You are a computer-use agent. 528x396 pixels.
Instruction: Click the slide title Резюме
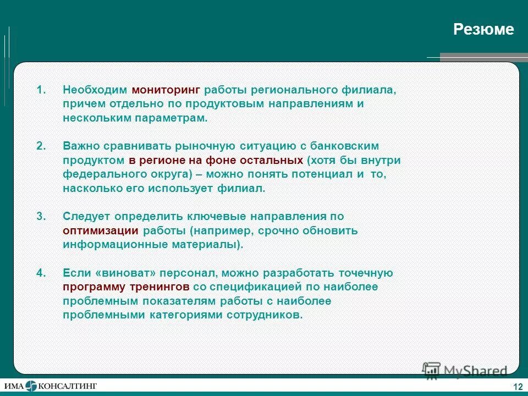[x=483, y=30]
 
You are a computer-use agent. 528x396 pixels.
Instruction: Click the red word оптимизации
[x=103, y=230]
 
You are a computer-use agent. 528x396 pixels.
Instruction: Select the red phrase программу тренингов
[x=126, y=287]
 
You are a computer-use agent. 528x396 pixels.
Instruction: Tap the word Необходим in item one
[x=95, y=89]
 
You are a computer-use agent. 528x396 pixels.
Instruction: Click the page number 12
[x=517, y=387]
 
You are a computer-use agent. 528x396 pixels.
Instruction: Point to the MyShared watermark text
[x=468, y=371]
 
